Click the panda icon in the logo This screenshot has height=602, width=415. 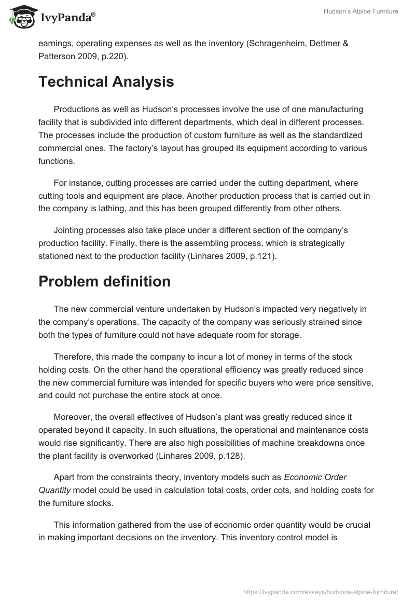coord(21,17)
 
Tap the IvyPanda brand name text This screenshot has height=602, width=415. coord(67,18)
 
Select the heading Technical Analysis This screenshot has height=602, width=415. coord(106,82)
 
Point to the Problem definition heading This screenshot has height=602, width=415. coord(104,281)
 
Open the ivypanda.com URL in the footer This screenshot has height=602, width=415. coord(321,591)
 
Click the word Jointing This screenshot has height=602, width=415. coord(70,230)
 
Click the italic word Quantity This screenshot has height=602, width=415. coord(56,490)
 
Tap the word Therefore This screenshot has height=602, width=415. coord(73,357)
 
